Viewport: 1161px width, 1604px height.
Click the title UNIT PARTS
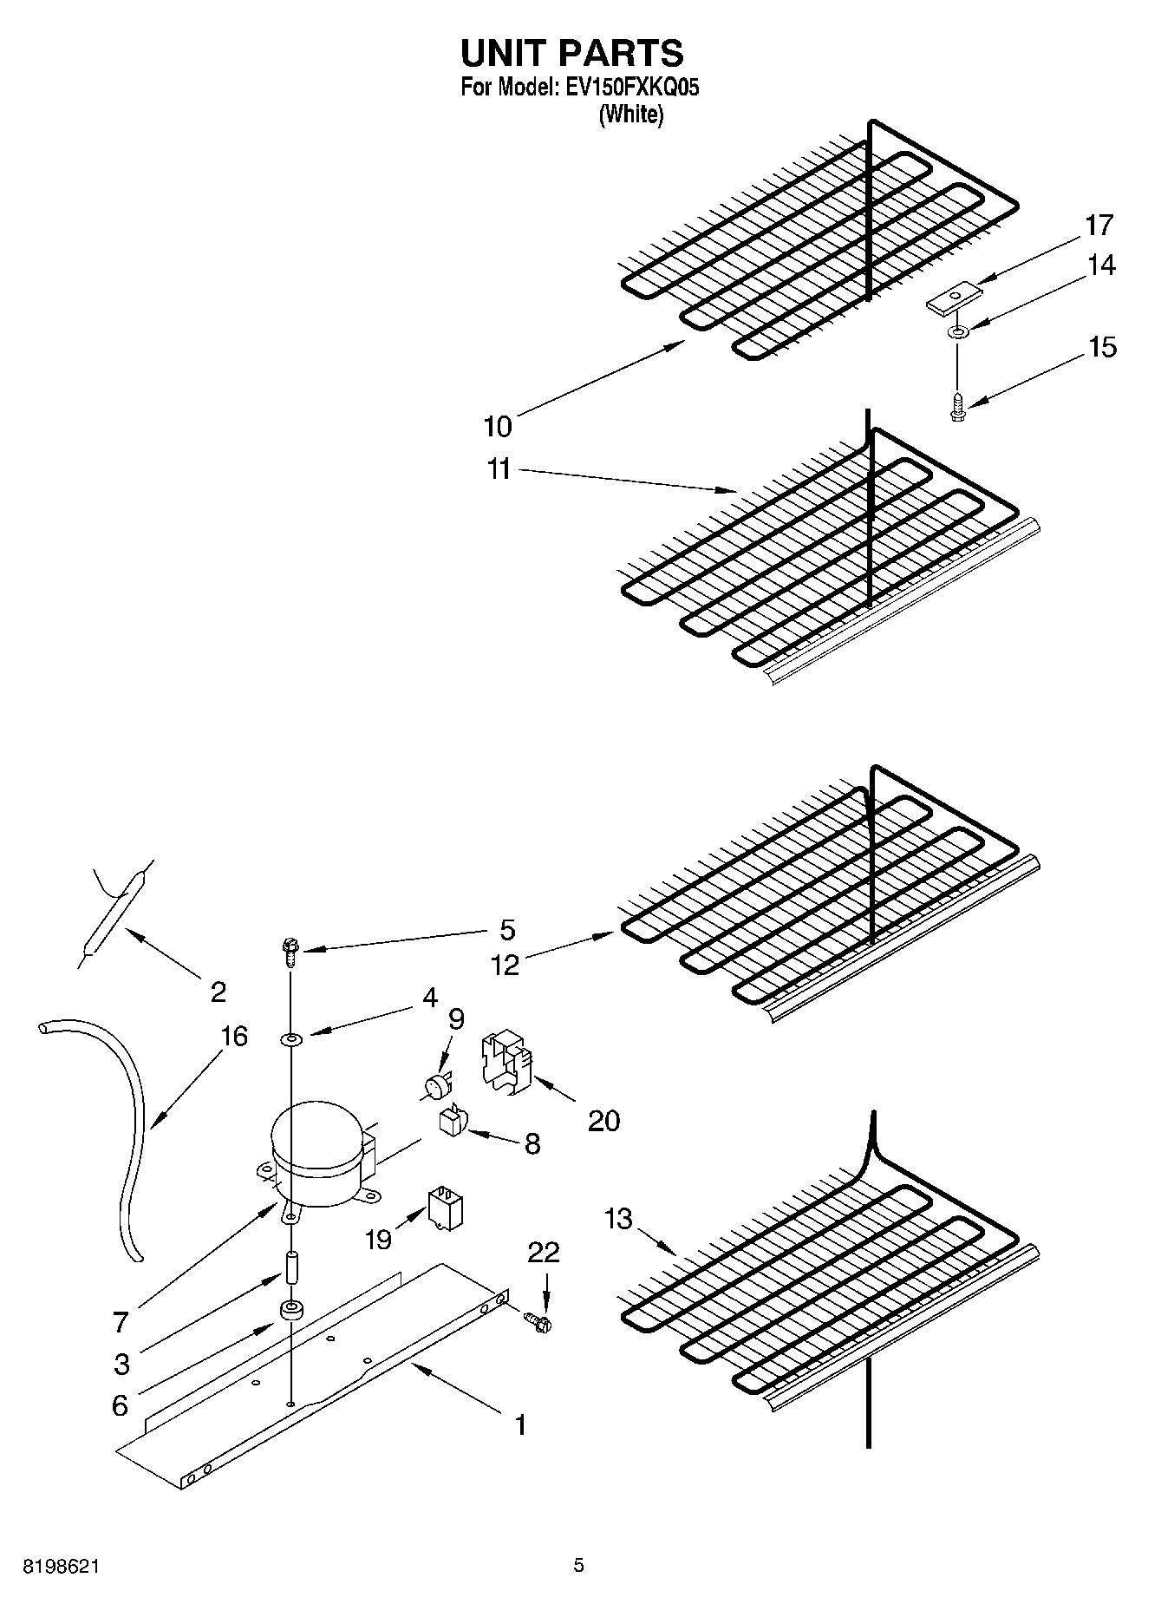(x=571, y=54)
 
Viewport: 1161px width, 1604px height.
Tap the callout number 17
(x=1099, y=226)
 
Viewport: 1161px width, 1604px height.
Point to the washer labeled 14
(x=958, y=333)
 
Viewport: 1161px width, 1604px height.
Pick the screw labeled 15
(x=957, y=406)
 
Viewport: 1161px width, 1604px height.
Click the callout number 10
(x=498, y=427)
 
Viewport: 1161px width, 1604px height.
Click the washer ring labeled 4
(x=290, y=1038)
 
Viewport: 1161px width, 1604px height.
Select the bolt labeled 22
(x=538, y=1322)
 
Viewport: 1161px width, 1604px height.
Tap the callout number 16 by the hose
(x=234, y=1036)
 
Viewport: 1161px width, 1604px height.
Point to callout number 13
(x=618, y=1219)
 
